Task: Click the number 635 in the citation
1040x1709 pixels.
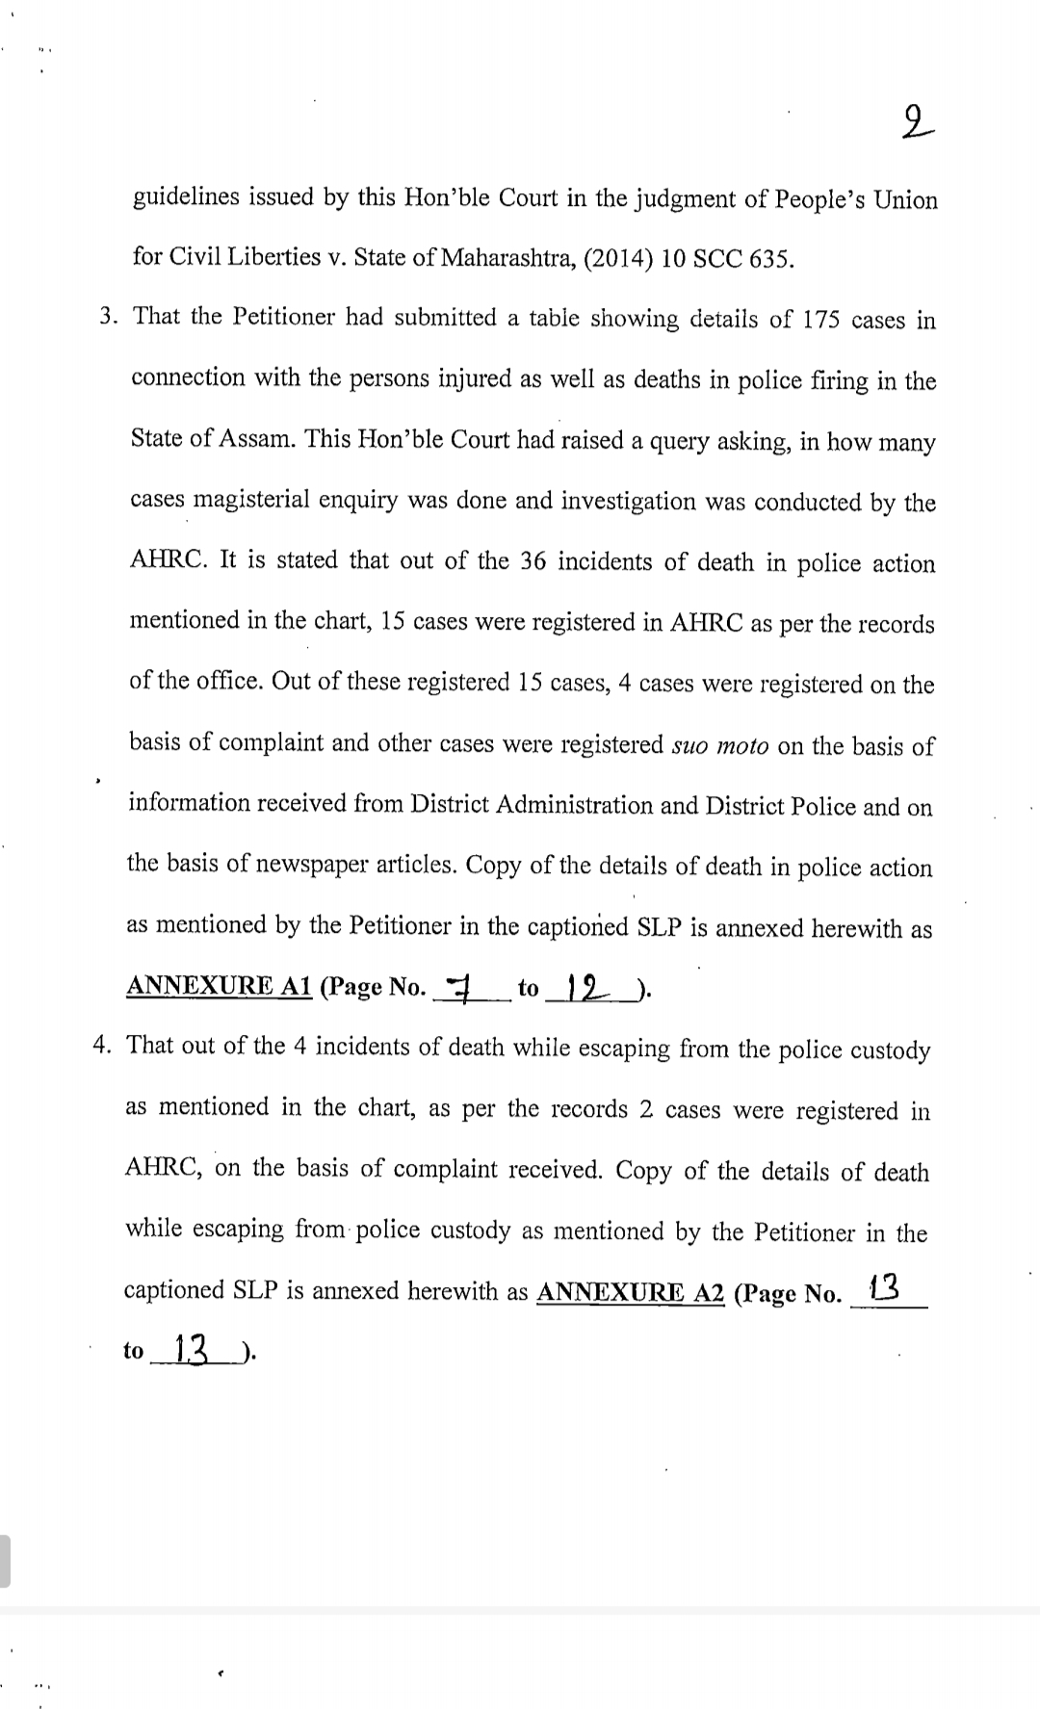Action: (769, 261)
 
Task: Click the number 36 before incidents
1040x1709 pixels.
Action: (533, 561)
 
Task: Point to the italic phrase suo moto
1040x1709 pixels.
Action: (718, 746)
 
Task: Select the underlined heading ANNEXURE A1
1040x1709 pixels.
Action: (220, 987)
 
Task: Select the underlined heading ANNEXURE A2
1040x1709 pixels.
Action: (630, 1292)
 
